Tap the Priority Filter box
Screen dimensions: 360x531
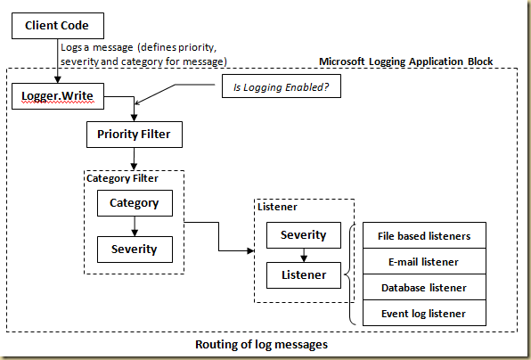[134, 135]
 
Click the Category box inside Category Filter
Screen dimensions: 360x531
[134, 202]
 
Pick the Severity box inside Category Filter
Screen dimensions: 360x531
[134, 248]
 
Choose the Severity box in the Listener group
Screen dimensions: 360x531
[303, 235]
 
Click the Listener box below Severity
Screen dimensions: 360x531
[303, 275]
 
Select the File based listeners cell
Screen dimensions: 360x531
[424, 236]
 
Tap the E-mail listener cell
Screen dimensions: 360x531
[424, 262]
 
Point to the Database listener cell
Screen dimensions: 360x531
[424, 288]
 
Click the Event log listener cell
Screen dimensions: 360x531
[424, 314]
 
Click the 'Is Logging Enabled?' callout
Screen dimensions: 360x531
[282, 87]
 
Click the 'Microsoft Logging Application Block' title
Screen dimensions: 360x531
[405, 61]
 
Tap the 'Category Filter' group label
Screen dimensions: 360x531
[121, 178]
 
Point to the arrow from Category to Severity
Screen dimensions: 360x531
[134, 225]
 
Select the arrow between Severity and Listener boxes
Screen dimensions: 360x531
[303, 256]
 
